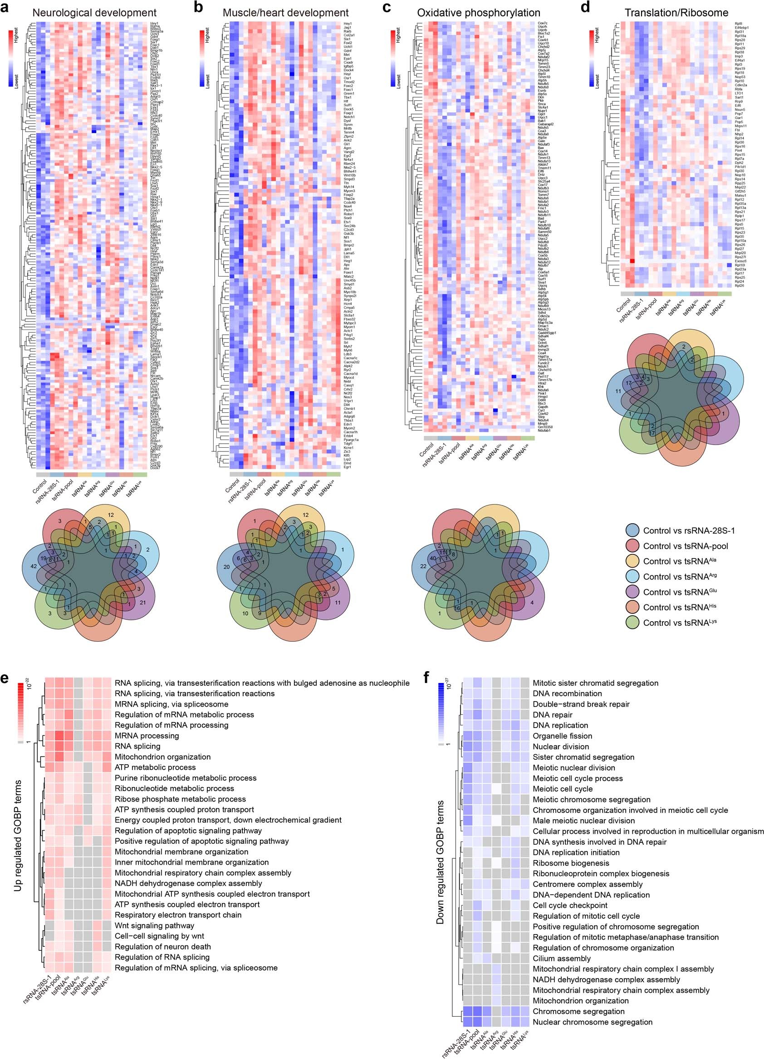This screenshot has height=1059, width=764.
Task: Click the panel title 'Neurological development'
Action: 94,13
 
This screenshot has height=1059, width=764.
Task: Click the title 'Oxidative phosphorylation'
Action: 479,13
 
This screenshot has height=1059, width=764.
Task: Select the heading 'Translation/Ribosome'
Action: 676,13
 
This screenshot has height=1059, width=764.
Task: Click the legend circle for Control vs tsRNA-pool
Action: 632,546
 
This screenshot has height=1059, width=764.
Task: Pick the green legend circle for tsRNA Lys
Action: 632,623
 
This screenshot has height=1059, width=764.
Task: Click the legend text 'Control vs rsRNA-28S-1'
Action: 689,530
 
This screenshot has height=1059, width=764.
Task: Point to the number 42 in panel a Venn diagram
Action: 34,566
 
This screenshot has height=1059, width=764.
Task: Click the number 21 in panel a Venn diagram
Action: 143,602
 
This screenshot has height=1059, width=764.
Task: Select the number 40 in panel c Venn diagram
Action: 432,559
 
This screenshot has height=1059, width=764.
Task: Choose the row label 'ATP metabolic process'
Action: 155,767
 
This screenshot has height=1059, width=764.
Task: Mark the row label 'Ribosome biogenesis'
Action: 571,863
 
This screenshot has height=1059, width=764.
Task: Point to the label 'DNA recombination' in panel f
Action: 567,693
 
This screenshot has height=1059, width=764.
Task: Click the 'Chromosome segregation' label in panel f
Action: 578,1011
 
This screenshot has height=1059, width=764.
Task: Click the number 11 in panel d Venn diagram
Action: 618,391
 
